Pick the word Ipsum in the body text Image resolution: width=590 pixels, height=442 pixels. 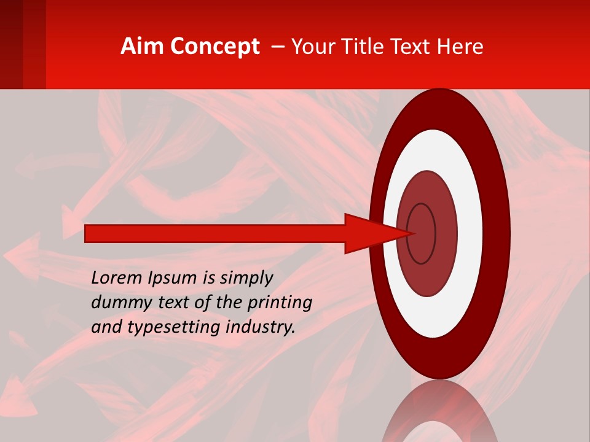click(174, 277)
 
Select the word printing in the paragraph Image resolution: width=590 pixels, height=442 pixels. click(280, 303)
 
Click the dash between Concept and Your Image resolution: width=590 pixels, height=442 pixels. click(277, 47)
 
